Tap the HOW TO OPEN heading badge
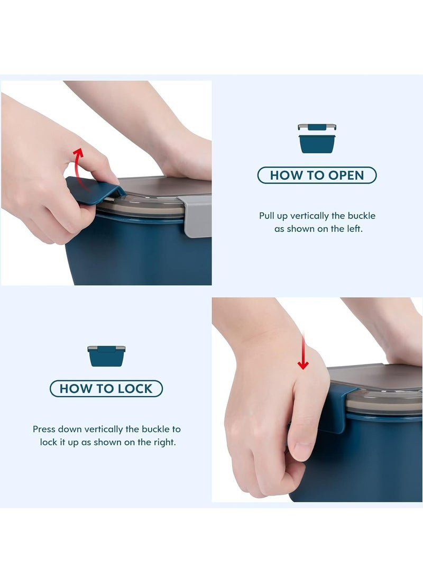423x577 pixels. tap(317, 175)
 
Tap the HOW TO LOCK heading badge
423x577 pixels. tap(106, 389)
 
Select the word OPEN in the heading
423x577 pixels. tap(346, 175)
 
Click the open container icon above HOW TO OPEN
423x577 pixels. tap(317, 139)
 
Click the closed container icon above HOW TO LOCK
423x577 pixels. tap(106, 356)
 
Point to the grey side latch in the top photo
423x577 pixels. tap(197, 216)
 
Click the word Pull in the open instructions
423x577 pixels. tap(266, 216)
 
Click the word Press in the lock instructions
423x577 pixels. tap(44, 429)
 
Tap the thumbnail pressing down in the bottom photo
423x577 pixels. tap(300, 450)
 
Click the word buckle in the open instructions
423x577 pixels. tap(362, 216)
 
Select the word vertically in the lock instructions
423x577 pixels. tap(104, 429)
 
